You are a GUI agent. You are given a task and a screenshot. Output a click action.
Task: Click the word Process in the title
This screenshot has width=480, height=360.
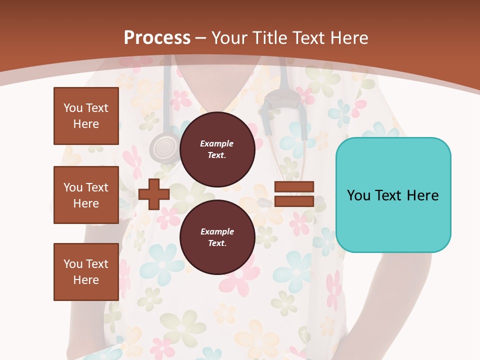point(157,38)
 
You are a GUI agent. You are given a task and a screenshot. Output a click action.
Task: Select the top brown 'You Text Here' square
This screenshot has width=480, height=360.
point(86,116)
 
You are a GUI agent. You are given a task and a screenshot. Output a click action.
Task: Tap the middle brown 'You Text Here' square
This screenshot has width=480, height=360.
point(86,195)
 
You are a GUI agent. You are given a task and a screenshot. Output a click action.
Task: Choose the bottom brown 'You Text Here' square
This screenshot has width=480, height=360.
point(86,272)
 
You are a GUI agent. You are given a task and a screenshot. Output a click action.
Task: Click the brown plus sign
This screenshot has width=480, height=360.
point(154,194)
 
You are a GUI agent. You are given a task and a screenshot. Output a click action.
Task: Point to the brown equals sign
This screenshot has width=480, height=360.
point(294,194)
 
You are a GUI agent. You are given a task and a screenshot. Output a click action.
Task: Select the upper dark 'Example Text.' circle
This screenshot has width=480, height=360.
point(217,149)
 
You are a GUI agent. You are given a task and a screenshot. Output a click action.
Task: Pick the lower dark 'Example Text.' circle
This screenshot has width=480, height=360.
point(217,237)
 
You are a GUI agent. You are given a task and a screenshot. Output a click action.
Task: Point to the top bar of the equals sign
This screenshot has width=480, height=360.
point(294,187)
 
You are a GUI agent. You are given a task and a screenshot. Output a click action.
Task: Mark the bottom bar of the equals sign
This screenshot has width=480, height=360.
point(294,201)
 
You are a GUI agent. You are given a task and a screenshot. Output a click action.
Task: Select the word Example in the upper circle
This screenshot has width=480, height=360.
point(217,143)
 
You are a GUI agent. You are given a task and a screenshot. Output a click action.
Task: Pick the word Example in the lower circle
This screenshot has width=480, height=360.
point(217,231)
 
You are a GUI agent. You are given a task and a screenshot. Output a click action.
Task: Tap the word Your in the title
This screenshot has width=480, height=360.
point(230,38)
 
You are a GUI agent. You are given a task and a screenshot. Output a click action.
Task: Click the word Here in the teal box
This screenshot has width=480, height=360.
point(422,195)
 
